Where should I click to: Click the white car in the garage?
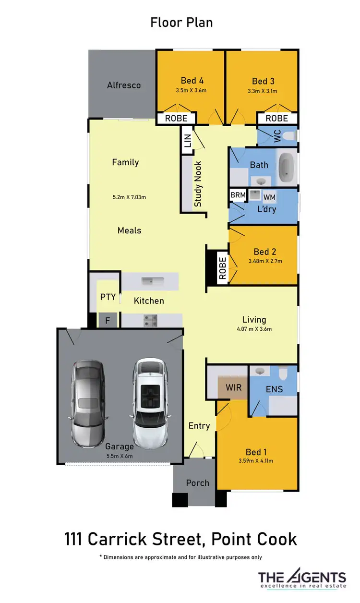(150, 403)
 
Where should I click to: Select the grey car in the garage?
(88, 403)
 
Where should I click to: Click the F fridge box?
(108, 321)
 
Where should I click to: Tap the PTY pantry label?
(108, 297)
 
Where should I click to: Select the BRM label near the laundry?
(238, 195)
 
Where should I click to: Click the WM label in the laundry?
(270, 197)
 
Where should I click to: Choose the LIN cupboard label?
(187, 141)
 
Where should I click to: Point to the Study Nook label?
(198, 184)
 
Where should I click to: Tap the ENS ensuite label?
(274, 389)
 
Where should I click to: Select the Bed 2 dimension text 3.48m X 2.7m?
(265, 261)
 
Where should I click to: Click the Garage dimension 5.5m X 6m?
(119, 456)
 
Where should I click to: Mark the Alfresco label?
(124, 85)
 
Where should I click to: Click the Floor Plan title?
(181, 23)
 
